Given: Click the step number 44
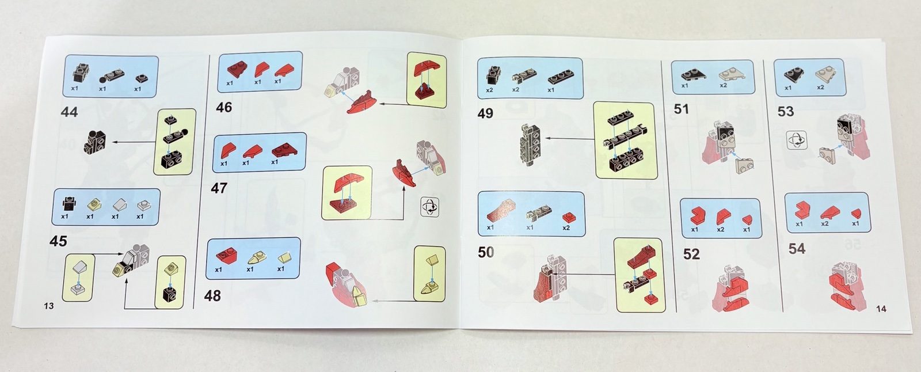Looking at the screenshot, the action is coord(69,112).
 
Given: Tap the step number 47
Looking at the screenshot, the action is coord(219,188).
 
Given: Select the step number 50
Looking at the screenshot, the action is coord(486,252).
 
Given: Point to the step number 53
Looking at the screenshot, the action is coord(786,111).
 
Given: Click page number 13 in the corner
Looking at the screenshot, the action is coord(48,306).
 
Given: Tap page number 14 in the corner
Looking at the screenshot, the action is coord(881,309).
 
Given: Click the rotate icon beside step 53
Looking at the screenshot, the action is coord(797,141).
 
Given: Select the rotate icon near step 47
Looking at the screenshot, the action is coord(430,207).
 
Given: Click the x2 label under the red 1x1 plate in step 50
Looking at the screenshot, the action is coord(566,227).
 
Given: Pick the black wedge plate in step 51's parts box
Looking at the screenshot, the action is coord(693,74).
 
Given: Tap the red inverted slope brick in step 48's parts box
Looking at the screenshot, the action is coord(226,256).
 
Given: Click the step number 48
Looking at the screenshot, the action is coord(212,295).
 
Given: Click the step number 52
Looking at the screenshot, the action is coord(691,254).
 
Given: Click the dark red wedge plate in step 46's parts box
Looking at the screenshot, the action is coord(237,69).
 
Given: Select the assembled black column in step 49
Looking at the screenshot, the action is coord(530,145).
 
